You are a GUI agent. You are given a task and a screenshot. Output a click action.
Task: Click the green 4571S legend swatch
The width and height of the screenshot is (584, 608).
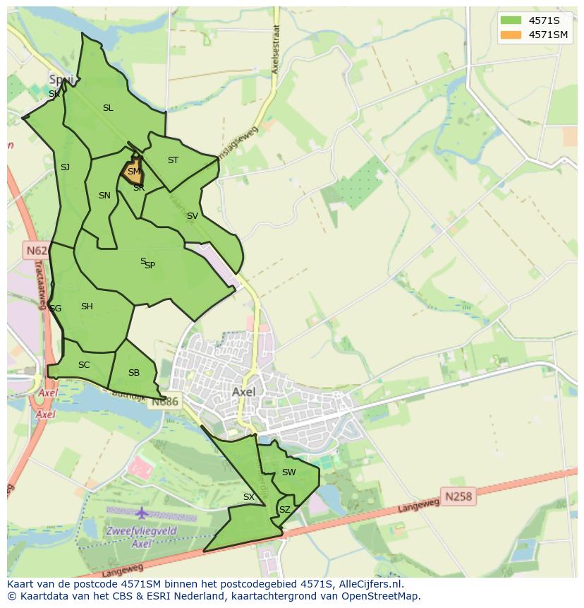pyautogui.click(x=511, y=20)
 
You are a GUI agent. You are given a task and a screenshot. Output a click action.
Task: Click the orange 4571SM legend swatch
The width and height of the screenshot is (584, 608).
pyautogui.click(x=511, y=35)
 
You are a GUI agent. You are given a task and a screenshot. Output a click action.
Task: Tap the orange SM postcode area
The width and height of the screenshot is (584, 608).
pyautogui.click(x=132, y=172)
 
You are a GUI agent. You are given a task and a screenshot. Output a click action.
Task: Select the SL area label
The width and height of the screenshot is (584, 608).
pyautogui.click(x=108, y=108)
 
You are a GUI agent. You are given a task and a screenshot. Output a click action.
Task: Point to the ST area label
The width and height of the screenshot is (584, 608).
pyautogui.click(x=173, y=160)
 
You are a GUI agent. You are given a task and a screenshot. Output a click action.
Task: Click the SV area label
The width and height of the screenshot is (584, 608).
pyautogui.click(x=192, y=216)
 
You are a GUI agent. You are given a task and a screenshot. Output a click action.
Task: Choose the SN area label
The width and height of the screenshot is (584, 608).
pyautogui.click(x=104, y=196)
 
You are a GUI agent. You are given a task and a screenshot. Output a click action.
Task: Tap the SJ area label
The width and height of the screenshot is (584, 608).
pyautogui.click(x=65, y=167)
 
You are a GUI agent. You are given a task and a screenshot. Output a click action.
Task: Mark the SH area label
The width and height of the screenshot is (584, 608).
pyautogui.click(x=87, y=306)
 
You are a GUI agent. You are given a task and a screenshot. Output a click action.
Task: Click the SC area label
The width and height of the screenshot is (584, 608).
pyautogui.click(x=84, y=365)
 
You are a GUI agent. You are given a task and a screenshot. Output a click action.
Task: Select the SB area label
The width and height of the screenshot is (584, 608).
pyautogui.click(x=134, y=373)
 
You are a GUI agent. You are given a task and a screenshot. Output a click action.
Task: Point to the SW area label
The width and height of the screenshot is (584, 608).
pyautogui.click(x=288, y=472)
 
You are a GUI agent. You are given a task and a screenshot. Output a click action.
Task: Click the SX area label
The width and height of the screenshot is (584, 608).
pyautogui.click(x=248, y=497)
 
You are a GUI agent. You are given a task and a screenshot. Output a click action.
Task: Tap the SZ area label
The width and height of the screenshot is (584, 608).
pyautogui.click(x=284, y=509)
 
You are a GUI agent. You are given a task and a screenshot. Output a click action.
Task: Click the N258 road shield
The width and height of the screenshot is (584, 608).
pyautogui.click(x=458, y=496)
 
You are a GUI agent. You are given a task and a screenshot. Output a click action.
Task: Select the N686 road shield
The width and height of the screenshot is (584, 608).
pyautogui.click(x=166, y=402)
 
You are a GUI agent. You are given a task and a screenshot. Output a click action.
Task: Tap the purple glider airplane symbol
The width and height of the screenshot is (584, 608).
pyautogui.click(x=142, y=512)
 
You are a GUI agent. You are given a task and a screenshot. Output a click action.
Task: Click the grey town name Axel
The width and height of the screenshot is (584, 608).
pyautogui.click(x=243, y=391)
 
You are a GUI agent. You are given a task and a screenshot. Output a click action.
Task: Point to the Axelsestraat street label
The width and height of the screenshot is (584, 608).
pyautogui.click(x=276, y=51)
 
